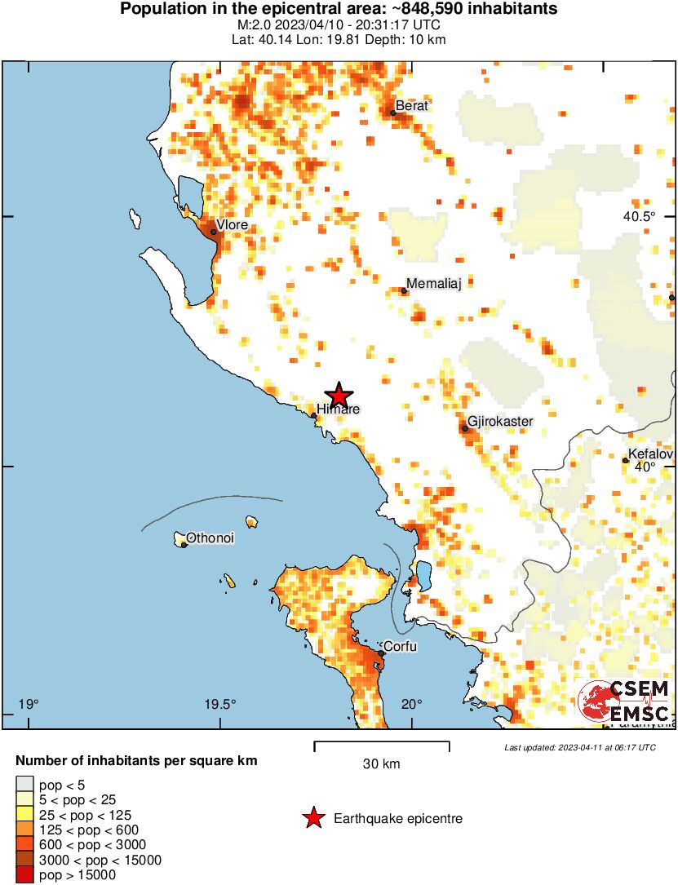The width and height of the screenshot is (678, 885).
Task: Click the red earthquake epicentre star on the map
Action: pyautogui.click(x=338, y=395)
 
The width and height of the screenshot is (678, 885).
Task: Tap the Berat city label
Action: pyautogui.click(x=412, y=105)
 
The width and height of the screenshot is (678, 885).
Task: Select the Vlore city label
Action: pyautogui.click(x=232, y=225)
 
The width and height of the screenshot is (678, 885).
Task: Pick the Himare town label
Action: pyautogui.click(x=339, y=409)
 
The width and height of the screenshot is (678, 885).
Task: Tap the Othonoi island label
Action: pyautogui.click(x=210, y=538)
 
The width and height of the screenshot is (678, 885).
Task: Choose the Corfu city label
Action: pyautogui.click(x=401, y=647)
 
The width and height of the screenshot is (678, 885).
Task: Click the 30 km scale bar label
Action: pyautogui.click(x=381, y=764)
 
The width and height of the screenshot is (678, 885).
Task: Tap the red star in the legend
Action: pyautogui.click(x=312, y=818)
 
